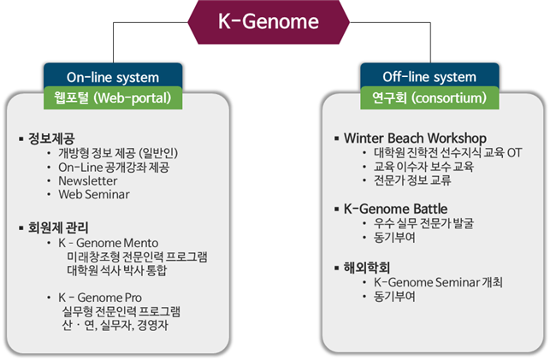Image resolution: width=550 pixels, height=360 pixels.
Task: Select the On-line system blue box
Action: pyautogui.click(x=113, y=77)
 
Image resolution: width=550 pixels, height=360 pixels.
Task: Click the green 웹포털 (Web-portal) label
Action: pyautogui.click(x=113, y=97)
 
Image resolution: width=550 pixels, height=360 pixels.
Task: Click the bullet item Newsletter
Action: pyautogui.click(x=88, y=180)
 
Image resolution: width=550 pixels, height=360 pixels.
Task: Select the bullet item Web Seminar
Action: pyautogui.click(x=94, y=194)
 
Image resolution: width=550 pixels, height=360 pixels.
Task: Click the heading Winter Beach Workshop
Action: pyautogui.click(x=415, y=138)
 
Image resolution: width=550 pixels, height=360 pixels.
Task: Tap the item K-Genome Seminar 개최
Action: pyautogui.click(x=439, y=281)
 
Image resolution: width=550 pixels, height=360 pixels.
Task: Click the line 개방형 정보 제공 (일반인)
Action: pyautogui.click(x=128, y=152)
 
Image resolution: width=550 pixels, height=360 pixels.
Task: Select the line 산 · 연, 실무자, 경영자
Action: pyautogui.click(x=115, y=326)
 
